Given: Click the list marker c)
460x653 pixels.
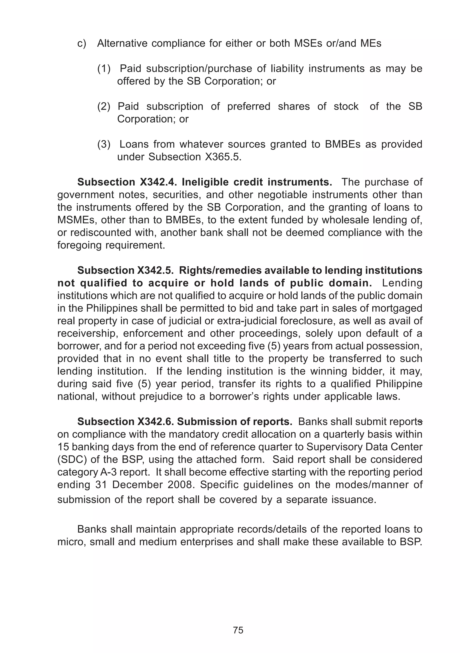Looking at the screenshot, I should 82,44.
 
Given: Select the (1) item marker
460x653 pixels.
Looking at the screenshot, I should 104,69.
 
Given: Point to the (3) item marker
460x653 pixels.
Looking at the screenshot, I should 104,144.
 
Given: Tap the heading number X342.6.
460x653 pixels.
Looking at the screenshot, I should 155,422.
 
